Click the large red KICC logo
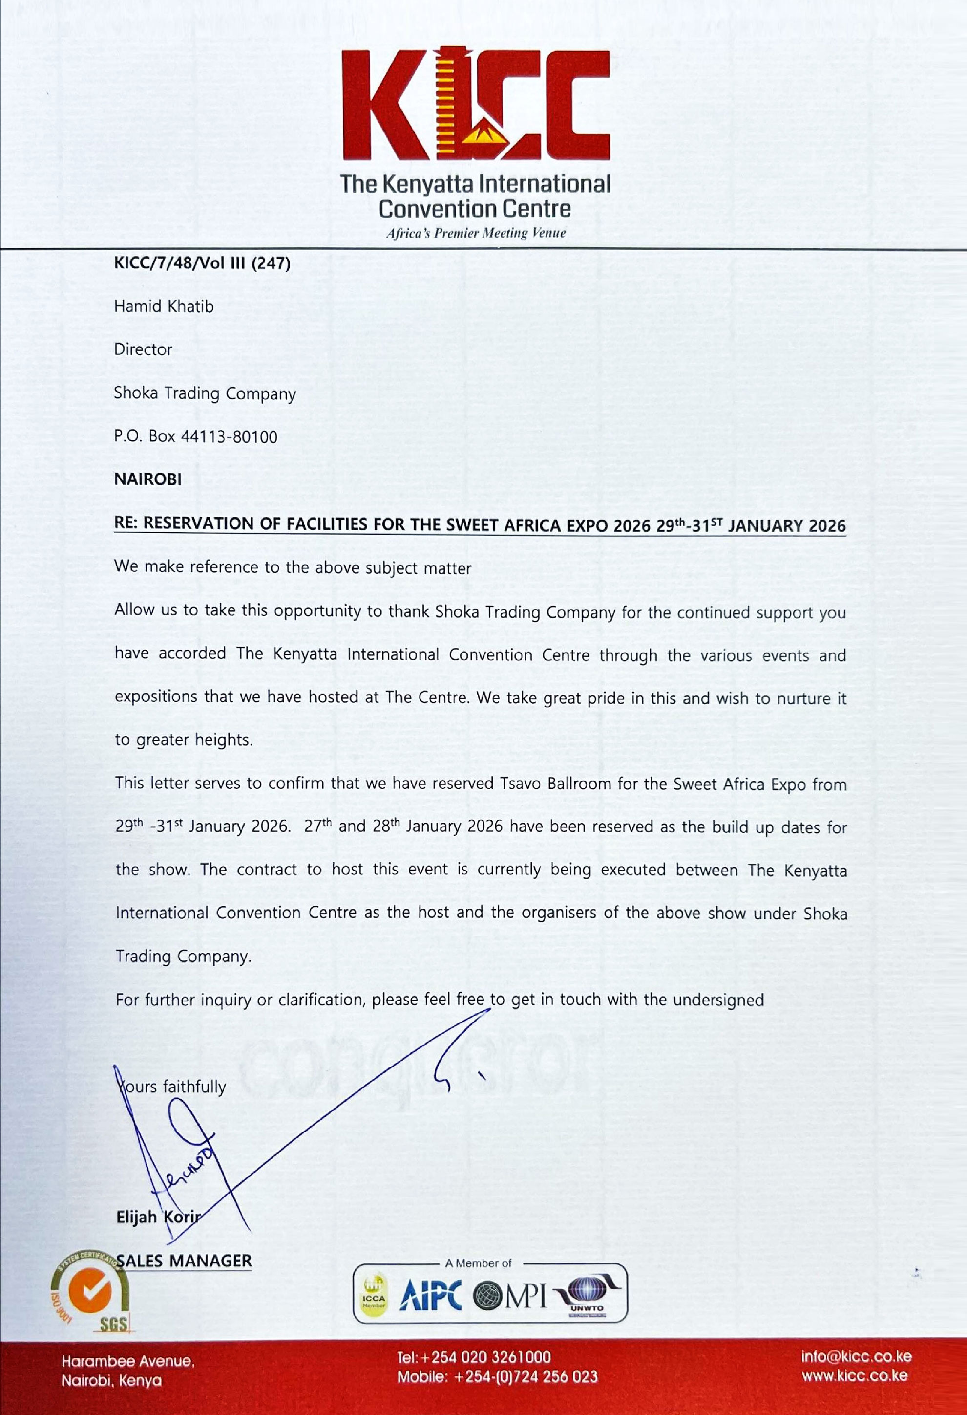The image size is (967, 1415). (x=475, y=105)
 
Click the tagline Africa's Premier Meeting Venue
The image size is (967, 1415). (x=475, y=233)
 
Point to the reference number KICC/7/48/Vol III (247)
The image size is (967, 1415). (x=202, y=263)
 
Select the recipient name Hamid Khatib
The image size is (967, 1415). (x=164, y=306)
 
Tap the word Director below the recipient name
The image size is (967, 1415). (x=143, y=349)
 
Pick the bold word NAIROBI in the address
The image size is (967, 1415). (x=148, y=479)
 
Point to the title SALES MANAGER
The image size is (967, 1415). (x=184, y=1261)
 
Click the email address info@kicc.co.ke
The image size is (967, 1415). (x=856, y=1356)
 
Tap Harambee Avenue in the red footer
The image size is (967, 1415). (x=128, y=1361)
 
